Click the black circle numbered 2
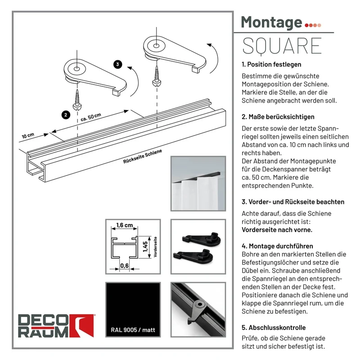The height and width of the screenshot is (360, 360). [66, 115]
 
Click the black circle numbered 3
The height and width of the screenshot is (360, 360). [118, 64]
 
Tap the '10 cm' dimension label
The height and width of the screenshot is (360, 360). [28, 135]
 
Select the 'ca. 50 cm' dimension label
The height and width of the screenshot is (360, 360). [91, 117]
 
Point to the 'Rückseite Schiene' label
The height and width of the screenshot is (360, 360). [143, 156]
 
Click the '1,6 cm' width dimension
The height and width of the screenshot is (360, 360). [125, 225]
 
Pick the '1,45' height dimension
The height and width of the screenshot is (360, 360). [145, 247]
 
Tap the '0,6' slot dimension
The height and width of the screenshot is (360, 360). [125, 265]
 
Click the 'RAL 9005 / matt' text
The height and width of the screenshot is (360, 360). [133, 330]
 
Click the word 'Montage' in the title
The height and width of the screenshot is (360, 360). [271, 22]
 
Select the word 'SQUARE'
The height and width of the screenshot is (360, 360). [282, 46]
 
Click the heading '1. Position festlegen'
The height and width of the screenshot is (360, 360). [271, 64]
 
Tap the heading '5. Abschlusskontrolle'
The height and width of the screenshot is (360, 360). [274, 328]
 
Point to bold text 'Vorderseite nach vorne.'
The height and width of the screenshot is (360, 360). [277, 230]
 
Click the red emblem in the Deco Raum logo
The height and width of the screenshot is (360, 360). [82, 325]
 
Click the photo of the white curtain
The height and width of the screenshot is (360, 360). [198, 184]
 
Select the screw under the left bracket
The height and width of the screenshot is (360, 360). [77, 100]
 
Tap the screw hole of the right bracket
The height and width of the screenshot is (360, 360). [156, 46]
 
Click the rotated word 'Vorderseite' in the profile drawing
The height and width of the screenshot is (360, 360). [155, 247]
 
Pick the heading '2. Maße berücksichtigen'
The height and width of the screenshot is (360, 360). [278, 117]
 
